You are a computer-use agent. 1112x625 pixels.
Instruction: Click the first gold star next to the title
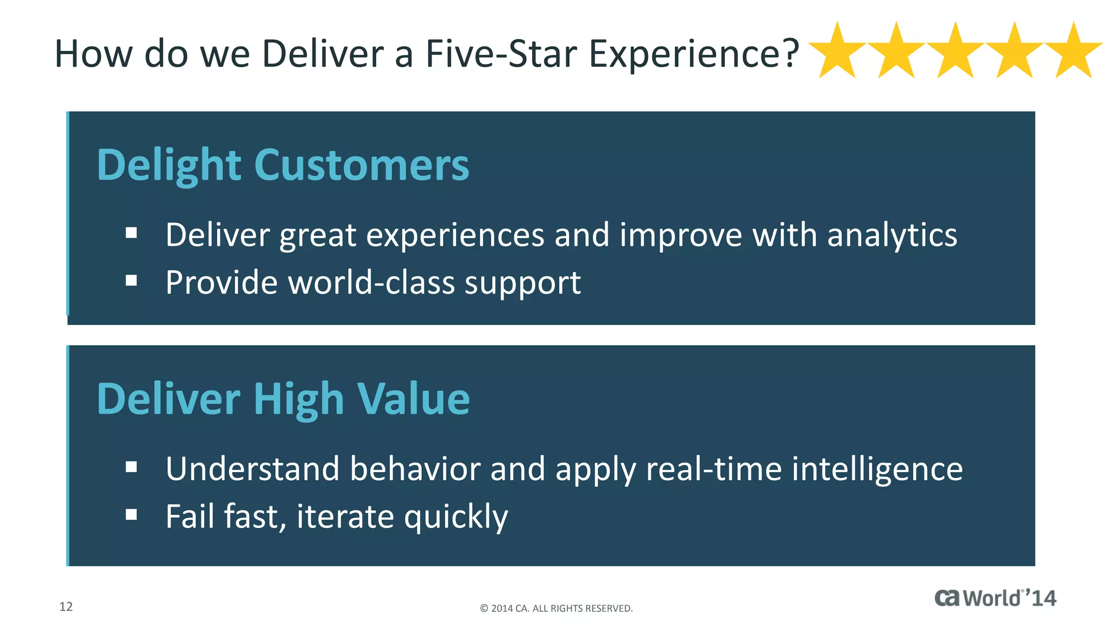[x=837, y=52]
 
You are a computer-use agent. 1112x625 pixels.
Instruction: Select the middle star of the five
[x=956, y=52]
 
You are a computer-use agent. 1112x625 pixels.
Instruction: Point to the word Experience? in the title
[x=694, y=55]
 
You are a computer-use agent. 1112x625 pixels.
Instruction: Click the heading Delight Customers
[x=283, y=165]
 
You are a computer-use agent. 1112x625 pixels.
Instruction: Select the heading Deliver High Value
[x=283, y=399]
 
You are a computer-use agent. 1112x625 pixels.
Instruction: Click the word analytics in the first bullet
[x=892, y=236]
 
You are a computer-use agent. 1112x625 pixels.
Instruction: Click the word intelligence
[x=877, y=469]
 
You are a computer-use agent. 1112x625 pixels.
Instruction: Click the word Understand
[x=252, y=469]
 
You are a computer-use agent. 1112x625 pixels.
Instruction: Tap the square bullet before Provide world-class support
[x=131, y=280]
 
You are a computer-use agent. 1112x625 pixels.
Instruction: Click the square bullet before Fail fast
[x=131, y=514]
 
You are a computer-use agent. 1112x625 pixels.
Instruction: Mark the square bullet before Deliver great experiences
[x=131, y=233]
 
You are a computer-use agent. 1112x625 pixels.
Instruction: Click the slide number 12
[x=66, y=607]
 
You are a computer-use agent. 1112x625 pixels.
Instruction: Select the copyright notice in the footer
[x=556, y=608]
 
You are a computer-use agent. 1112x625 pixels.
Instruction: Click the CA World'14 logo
[x=995, y=598]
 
